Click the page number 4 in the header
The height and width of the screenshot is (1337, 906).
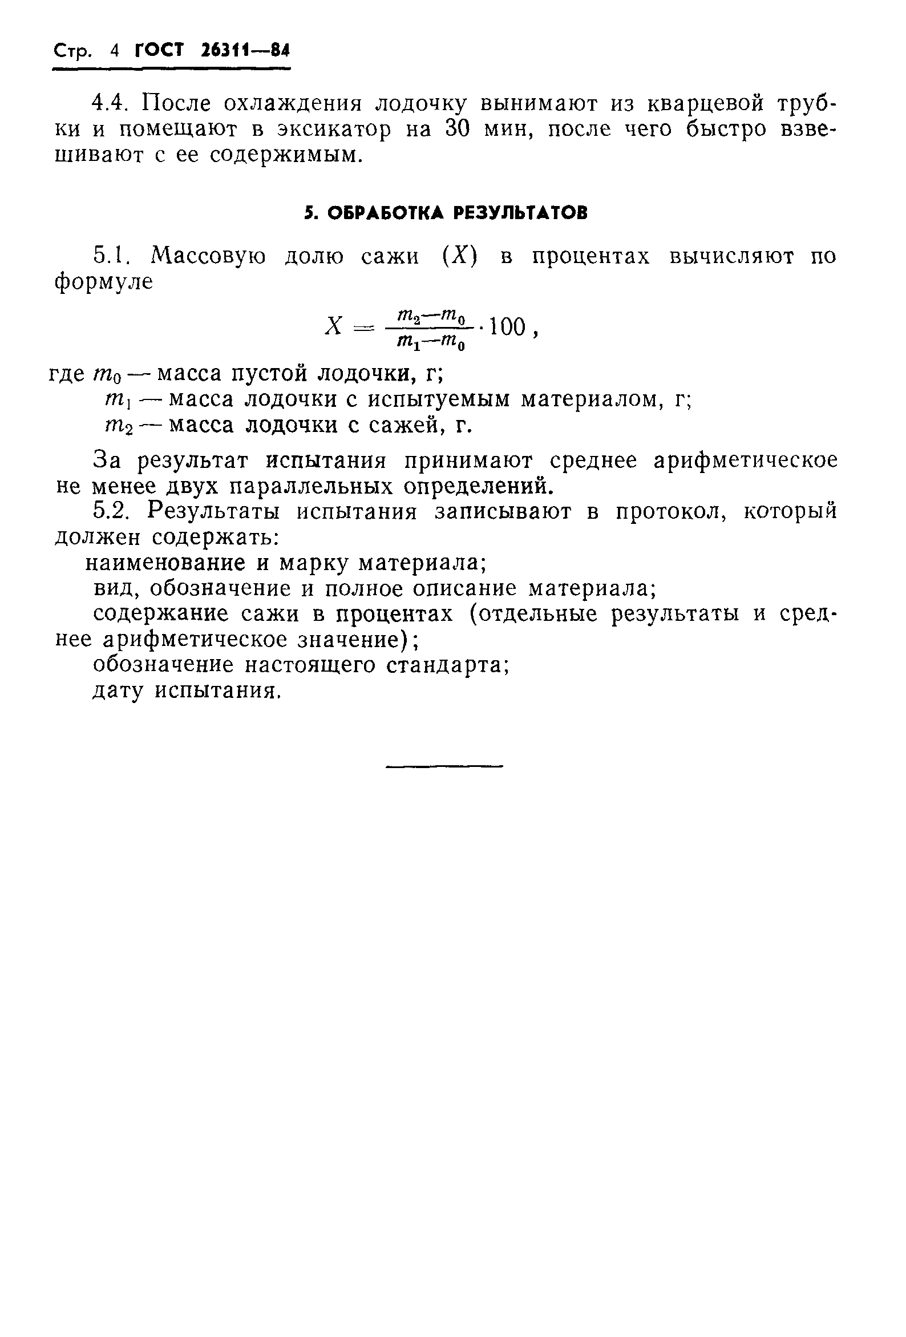[x=115, y=51]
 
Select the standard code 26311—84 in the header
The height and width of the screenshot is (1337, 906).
[x=246, y=51]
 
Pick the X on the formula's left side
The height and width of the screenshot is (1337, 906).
[x=334, y=327]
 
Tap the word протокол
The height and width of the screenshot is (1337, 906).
[x=669, y=511]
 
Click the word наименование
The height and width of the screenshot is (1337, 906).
[x=165, y=563]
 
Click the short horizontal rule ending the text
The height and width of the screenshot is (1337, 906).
[x=444, y=766]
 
